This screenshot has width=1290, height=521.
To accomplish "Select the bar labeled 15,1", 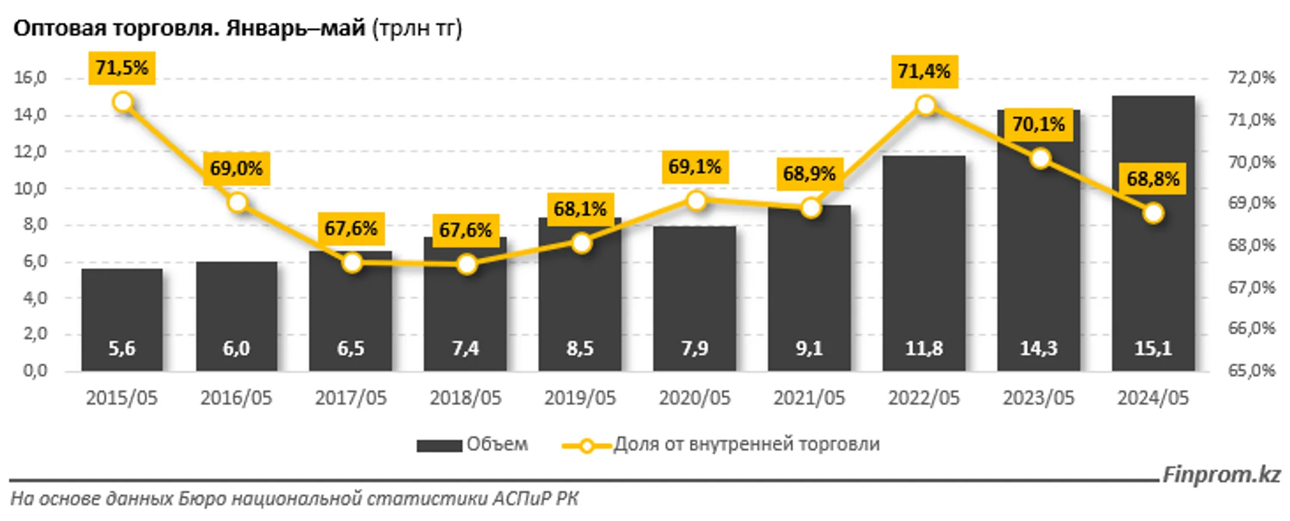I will pyautogui.click(x=1153, y=239).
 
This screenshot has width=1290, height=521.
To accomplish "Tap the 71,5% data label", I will pyautogui.click(x=122, y=68).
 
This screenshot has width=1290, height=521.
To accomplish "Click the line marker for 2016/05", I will pyautogui.click(x=238, y=203).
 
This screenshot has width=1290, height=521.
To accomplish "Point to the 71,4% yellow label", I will pyautogui.click(x=924, y=72).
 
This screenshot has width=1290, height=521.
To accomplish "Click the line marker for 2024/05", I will pyautogui.click(x=1153, y=213).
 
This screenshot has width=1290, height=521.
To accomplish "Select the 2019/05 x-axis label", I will pyautogui.click(x=579, y=398).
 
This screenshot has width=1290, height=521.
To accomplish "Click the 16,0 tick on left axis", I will pyautogui.click(x=30, y=78).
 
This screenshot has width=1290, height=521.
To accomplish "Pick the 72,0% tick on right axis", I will pyautogui.click(x=1251, y=78).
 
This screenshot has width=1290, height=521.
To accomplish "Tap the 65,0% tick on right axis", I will pyautogui.click(x=1251, y=370).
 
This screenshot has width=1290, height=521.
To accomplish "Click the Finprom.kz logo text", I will pyautogui.click(x=1221, y=475).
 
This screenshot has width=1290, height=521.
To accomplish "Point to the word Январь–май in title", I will pyautogui.click(x=295, y=28).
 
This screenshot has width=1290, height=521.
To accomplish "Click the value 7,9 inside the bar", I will pyautogui.click(x=695, y=348).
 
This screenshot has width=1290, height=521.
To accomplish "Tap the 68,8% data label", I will pyautogui.click(x=1153, y=179).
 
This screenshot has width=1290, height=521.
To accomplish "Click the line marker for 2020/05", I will pyautogui.click(x=696, y=201).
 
